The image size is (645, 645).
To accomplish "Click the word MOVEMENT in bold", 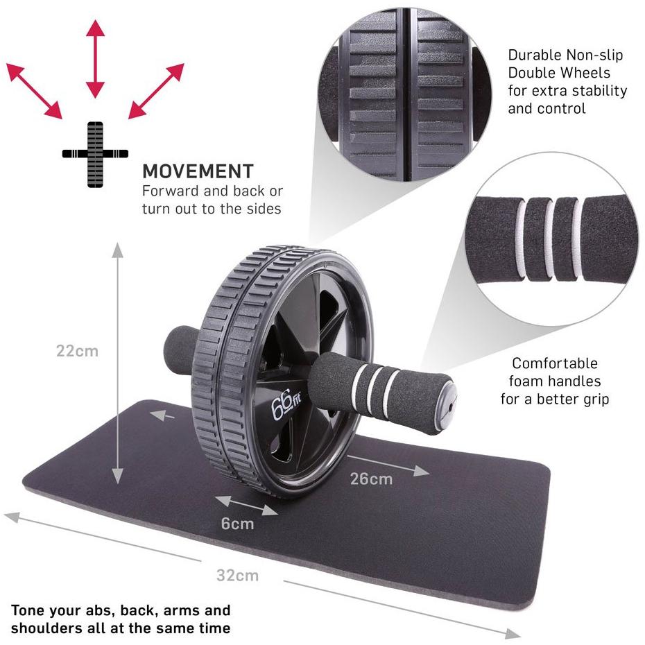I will coord(198,171).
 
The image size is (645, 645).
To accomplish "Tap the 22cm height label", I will coord(77,351).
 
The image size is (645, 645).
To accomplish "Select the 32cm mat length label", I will coord(237,575).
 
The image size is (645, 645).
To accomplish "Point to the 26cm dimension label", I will coord(371,479).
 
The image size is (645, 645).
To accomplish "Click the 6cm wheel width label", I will coord(238,524).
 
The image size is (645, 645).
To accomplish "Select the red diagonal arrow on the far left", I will coord(33,90).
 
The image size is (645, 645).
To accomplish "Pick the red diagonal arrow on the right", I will coord(157,90).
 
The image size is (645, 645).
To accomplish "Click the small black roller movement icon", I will coord(96,153).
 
